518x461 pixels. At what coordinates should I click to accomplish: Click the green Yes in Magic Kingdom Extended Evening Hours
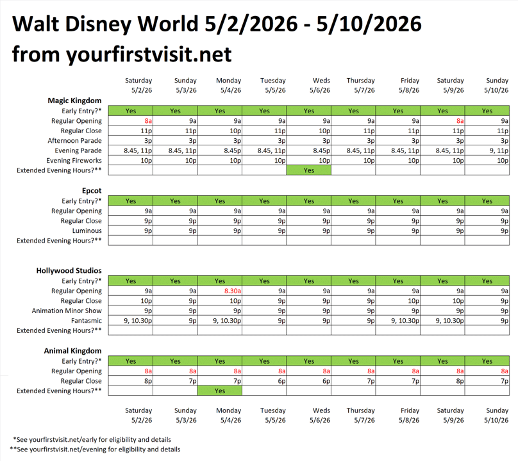[x=309, y=170]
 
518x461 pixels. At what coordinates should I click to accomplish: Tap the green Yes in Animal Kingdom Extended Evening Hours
[x=220, y=391]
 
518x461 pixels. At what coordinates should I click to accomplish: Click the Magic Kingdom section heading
[x=74, y=101]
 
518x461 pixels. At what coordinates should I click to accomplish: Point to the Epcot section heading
[x=92, y=191]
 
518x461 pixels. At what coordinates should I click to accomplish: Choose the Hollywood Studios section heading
[x=69, y=271]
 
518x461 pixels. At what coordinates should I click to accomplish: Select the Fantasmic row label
[x=85, y=320]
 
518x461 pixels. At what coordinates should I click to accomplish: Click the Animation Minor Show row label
[x=67, y=311]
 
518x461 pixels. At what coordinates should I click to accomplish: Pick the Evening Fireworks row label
[x=74, y=161]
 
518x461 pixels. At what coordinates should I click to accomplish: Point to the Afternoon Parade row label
[x=74, y=141]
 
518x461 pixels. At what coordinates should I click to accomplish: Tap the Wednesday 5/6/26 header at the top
[x=321, y=85]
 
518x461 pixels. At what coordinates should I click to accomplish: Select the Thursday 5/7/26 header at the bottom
[x=360, y=415]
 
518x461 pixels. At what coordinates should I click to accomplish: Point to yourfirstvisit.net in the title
[x=149, y=54]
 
